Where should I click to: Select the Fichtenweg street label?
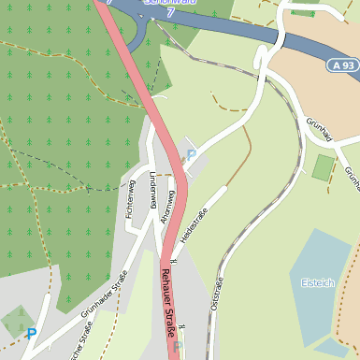[x=130, y=198]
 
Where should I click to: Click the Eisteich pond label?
[x=318, y=282]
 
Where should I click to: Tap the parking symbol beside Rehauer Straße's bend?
[x=192, y=154]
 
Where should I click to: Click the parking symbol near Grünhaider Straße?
[x=32, y=333]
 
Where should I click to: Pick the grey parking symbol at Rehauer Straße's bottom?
[x=177, y=347]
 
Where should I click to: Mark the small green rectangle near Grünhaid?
[x=324, y=167]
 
